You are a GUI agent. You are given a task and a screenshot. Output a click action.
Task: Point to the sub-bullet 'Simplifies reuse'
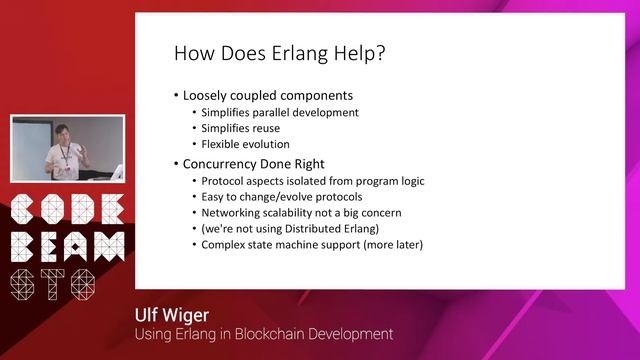click(241, 128)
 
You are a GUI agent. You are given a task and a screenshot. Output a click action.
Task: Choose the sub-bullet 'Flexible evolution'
click(246, 144)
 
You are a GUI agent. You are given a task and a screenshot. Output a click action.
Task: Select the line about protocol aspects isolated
click(313, 181)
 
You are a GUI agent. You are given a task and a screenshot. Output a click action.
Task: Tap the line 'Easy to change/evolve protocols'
click(281, 196)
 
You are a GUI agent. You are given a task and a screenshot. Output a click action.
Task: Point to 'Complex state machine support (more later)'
click(312, 243)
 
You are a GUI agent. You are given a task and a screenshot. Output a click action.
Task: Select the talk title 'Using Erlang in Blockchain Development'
click(264, 333)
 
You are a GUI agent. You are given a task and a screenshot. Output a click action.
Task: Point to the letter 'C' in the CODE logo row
click(24, 211)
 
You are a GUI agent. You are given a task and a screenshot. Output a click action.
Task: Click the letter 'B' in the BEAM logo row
click(24, 247)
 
